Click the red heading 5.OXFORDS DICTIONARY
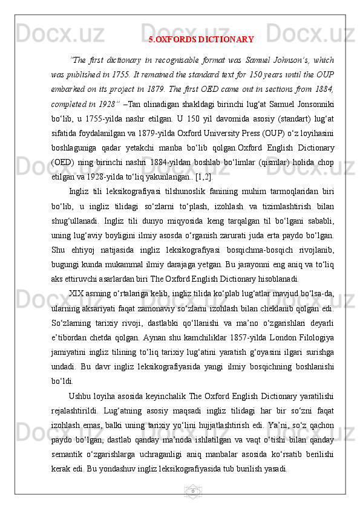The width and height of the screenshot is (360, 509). pos(201,41)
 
